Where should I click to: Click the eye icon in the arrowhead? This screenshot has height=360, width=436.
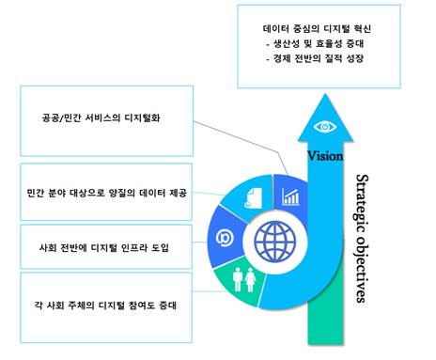(x=325, y=127)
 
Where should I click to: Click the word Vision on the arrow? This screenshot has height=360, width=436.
(x=325, y=156)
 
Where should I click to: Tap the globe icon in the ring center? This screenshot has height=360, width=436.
(x=275, y=242)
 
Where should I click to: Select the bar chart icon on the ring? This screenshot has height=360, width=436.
(x=290, y=197)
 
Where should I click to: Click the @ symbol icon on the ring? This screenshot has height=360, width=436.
(x=225, y=238)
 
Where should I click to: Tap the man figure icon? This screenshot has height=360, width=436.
(x=238, y=279)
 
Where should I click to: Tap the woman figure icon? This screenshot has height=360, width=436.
(x=250, y=280)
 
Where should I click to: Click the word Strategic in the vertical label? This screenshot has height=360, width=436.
(x=362, y=203)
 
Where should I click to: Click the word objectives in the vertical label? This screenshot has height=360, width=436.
(x=362, y=269)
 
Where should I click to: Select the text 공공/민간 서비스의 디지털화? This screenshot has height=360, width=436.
(x=101, y=117)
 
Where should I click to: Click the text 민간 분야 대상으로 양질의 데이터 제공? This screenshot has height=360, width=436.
(x=106, y=193)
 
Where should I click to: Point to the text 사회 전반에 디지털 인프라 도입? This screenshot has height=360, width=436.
(x=104, y=247)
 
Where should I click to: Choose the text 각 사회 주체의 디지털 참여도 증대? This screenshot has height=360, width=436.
(x=105, y=305)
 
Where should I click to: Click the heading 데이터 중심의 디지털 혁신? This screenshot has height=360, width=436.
(x=317, y=28)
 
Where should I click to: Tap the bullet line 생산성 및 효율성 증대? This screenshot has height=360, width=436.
(x=315, y=43)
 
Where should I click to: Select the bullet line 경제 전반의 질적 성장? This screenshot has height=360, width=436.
(x=315, y=58)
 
